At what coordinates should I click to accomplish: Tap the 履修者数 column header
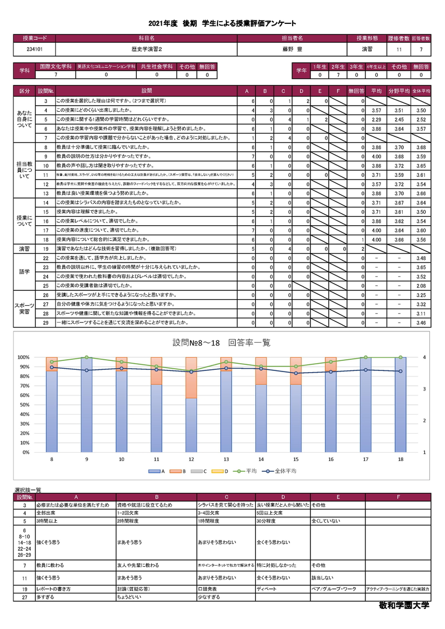click(x=399, y=38)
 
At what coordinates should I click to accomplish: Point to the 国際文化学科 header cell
click(x=55, y=66)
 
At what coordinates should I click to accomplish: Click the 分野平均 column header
click(x=399, y=90)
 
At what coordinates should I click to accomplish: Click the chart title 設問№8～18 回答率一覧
click(x=222, y=343)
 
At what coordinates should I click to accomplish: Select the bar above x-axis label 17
click(x=365, y=404)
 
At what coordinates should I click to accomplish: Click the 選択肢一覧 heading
click(x=28, y=489)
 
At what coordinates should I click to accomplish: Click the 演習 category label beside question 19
click(x=24, y=249)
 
